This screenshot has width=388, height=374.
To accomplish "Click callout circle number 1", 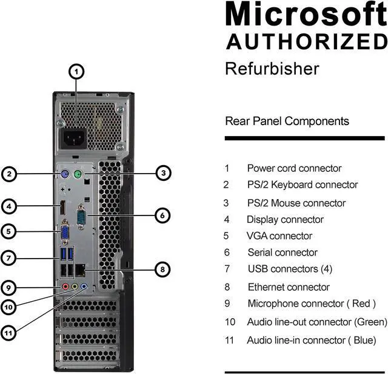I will point(76,72).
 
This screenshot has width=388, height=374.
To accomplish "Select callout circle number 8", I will point(162,268).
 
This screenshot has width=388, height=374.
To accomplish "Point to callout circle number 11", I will point(8,332).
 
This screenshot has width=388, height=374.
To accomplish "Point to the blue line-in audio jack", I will point(84,287).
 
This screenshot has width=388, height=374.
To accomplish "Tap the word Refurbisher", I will point(272,68).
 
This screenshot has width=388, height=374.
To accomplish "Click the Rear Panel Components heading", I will point(287,121).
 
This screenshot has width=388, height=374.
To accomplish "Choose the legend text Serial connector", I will point(282,252).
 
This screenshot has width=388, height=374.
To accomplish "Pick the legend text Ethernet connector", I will point(288,287).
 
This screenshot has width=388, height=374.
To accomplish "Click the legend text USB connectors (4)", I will point(290,268).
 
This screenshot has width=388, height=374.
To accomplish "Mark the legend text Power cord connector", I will point(294,168).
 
